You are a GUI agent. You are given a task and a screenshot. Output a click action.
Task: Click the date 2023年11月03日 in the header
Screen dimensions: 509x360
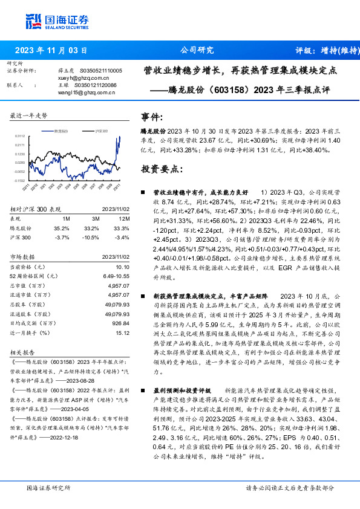[53, 50]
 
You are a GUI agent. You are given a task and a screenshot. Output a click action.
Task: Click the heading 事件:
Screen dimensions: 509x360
[151, 116]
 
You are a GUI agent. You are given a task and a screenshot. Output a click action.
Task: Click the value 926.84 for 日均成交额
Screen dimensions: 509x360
[121, 323]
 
